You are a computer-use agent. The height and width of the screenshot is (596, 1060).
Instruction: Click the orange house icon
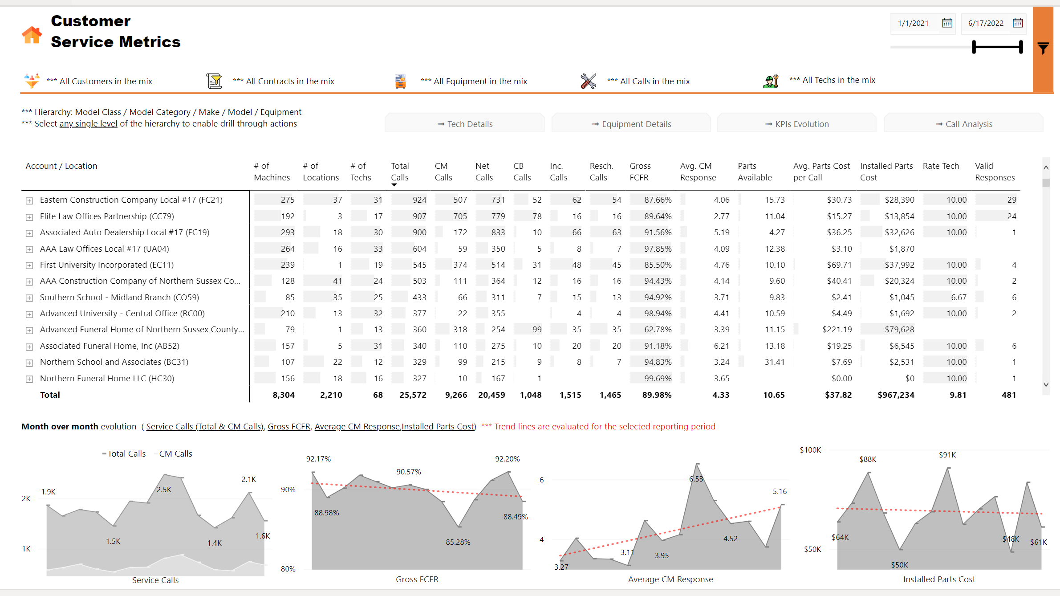click(32, 35)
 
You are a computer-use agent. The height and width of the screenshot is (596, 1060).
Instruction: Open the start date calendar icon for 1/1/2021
click(947, 23)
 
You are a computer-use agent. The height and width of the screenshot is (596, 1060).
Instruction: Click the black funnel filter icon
click(1043, 48)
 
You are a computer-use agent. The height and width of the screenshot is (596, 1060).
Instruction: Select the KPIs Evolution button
click(797, 124)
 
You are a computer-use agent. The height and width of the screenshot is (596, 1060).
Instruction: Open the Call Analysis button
click(964, 124)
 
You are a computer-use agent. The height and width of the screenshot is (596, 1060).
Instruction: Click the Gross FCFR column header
click(640, 171)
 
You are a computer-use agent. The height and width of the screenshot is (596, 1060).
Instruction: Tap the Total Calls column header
click(400, 171)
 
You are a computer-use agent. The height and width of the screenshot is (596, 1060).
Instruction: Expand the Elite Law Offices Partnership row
click(29, 217)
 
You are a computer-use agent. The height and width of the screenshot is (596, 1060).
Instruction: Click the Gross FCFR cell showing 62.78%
click(658, 330)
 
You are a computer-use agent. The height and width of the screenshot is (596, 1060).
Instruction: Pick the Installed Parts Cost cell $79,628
click(899, 330)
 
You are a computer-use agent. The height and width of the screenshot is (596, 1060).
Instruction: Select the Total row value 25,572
click(413, 395)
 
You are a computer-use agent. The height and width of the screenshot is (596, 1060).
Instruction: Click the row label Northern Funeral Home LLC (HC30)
click(107, 379)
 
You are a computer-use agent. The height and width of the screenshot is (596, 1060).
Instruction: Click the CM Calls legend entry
click(175, 453)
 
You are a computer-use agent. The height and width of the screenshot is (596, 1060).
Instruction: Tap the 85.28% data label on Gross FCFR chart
click(458, 542)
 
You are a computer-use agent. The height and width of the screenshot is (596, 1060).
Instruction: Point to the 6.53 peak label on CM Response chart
click(696, 479)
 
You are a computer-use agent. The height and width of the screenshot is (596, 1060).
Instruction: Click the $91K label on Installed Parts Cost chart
click(947, 455)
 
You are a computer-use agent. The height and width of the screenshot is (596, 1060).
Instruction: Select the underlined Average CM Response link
click(357, 427)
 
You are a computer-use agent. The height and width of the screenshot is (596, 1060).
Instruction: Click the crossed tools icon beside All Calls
click(588, 81)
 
